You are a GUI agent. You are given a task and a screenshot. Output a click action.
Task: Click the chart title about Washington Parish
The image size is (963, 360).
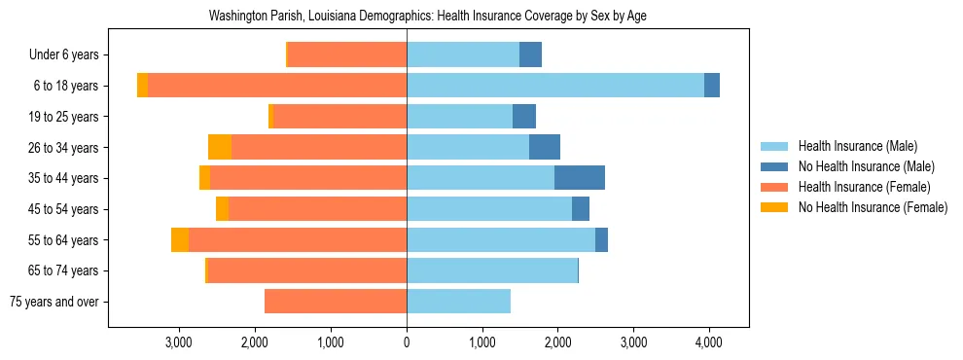428,17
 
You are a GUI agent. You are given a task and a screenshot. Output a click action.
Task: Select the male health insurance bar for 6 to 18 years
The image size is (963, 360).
554,86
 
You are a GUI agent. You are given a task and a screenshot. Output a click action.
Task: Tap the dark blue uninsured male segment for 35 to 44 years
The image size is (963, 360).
580,178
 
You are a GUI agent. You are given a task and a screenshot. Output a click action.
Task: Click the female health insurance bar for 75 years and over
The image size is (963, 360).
336,302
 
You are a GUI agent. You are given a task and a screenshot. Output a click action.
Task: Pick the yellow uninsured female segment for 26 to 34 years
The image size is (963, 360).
220,147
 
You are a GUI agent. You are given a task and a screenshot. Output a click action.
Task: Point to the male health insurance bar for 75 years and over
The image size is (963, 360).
458,302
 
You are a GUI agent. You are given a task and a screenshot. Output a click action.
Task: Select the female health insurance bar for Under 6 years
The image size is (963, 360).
347,54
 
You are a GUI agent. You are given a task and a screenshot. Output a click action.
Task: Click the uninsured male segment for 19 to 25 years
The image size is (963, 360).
524,117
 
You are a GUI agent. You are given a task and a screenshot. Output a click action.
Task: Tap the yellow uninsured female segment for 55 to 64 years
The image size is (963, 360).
180,239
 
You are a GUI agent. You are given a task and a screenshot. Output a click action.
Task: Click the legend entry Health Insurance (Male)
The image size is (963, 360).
857,146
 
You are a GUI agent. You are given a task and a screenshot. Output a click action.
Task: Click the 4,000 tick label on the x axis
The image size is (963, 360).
708,342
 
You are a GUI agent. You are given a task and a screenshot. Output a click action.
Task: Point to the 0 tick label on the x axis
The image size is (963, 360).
407,342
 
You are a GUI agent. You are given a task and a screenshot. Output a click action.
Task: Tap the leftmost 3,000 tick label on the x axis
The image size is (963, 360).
179,342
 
